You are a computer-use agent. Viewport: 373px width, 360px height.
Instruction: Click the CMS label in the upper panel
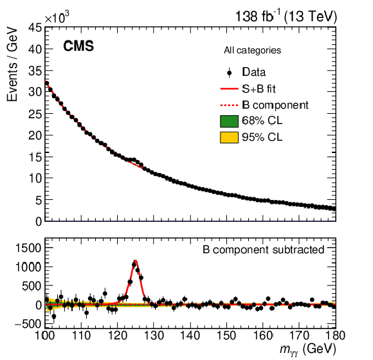click(78, 46)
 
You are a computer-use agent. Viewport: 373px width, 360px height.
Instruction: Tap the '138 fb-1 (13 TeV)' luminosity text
click(286, 17)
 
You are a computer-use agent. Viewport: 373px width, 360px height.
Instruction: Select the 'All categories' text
click(252, 50)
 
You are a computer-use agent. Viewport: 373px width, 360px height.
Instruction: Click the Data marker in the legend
click(230, 73)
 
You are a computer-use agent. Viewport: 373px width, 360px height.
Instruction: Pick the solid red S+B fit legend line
click(229, 89)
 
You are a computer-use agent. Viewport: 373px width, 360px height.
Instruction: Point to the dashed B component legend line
click(229, 105)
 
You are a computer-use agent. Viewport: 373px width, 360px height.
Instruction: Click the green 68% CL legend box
click(229, 121)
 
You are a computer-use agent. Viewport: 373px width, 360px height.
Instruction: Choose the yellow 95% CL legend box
click(229, 138)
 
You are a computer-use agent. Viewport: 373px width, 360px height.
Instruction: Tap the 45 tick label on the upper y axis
click(35, 28)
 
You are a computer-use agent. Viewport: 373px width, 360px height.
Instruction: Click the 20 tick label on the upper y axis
click(35, 136)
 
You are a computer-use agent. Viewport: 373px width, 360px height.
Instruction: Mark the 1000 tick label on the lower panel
click(28, 267)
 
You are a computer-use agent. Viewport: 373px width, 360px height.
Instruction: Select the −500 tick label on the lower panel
click(28, 324)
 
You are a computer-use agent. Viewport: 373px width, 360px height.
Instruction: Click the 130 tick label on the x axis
click(154, 336)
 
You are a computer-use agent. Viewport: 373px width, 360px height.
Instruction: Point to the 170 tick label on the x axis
click(299, 336)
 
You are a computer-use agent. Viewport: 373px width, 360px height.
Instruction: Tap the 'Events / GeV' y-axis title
click(12, 65)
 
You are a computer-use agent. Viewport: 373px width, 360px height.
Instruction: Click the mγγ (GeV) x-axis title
click(308, 350)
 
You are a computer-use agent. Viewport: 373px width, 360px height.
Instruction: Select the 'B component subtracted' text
click(263, 249)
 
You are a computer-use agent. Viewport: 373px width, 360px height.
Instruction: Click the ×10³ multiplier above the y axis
click(57, 17)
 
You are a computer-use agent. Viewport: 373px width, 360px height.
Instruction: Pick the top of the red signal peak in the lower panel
click(135, 260)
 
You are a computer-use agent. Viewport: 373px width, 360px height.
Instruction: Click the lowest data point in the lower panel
click(54, 316)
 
